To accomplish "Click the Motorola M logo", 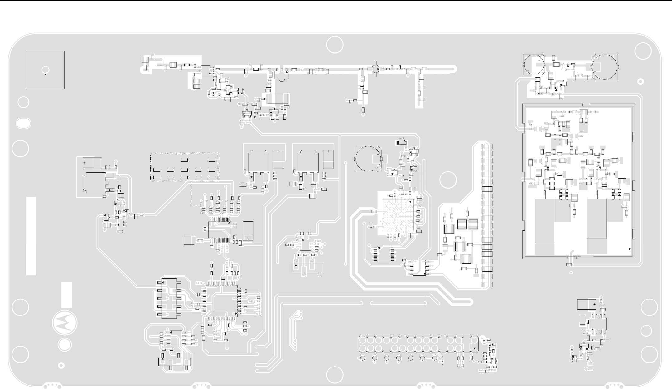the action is point(65,323).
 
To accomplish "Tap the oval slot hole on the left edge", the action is point(23,123).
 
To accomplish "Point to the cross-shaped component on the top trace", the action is point(375,69).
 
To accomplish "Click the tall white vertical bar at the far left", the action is point(31,236).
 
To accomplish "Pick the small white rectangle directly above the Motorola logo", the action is point(66,295).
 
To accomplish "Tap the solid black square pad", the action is point(398,143).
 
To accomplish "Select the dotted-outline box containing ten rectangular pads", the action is point(184,166).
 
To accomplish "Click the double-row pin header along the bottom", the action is point(418,344).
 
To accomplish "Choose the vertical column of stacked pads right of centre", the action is point(487,215).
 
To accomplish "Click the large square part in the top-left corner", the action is point(46,70).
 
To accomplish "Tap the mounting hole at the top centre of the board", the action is point(335,45).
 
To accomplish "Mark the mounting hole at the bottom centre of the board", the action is point(335,375).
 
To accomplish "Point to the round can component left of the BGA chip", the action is point(369,159).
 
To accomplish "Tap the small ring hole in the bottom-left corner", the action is point(61,365).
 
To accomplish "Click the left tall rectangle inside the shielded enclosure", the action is point(544,221).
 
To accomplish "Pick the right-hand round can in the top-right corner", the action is point(604,67).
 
